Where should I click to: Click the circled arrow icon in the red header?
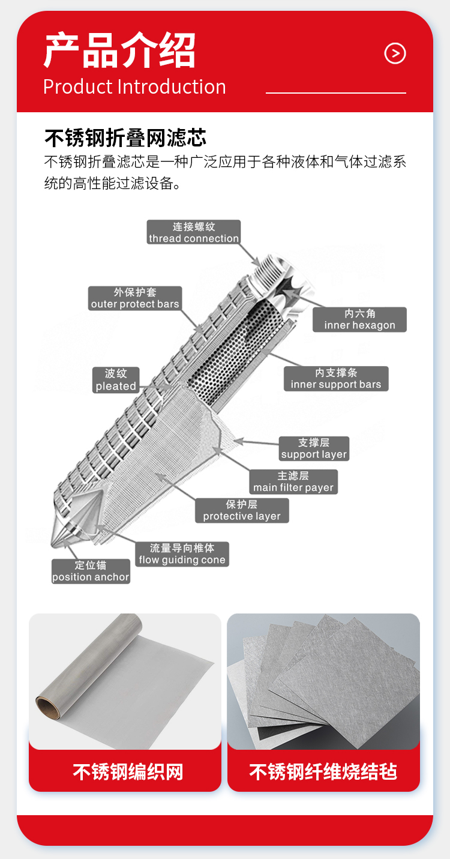[x=395, y=53]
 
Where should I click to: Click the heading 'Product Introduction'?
[x=134, y=86]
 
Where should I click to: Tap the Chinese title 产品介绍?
[x=119, y=50]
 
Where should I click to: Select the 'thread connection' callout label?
[x=194, y=232]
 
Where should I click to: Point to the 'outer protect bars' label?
[x=135, y=298]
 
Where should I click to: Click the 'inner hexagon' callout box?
[x=359, y=319]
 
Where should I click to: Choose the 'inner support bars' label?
[x=336, y=379]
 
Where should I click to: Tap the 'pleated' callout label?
[x=116, y=380]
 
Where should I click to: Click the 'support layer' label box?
[x=314, y=448]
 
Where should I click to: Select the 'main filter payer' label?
[x=293, y=482]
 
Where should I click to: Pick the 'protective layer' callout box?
[x=242, y=510]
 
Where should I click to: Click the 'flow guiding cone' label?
[x=182, y=554]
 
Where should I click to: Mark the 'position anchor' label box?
[x=91, y=571]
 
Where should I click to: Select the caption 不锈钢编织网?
[x=128, y=772]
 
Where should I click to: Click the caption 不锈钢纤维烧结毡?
[x=323, y=772]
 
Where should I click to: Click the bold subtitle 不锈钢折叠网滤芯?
[x=125, y=138]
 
